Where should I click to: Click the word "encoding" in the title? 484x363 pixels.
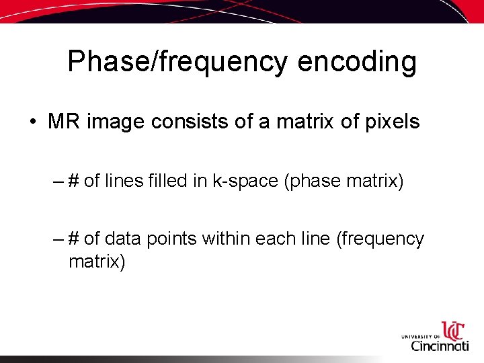click(x=357, y=62)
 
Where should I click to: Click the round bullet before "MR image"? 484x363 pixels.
click(x=32, y=122)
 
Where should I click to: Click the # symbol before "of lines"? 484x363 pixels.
click(x=75, y=182)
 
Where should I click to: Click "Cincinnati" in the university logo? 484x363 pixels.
click(x=440, y=345)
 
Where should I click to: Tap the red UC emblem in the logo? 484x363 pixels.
click(x=453, y=330)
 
